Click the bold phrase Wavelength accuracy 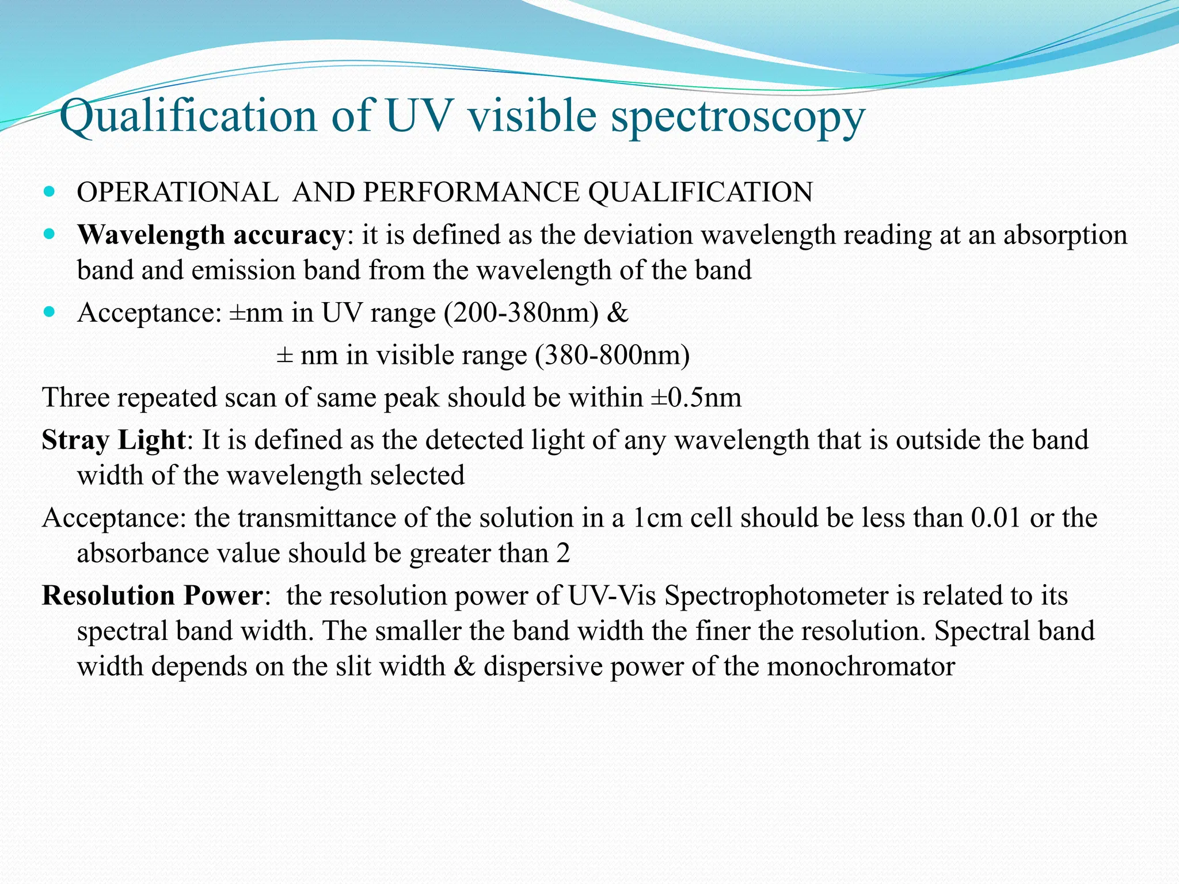pyautogui.click(x=211, y=235)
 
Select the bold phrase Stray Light pyautogui.click(x=113, y=440)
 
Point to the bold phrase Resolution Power pyautogui.click(x=152, y=596)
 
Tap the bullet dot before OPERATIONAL pyautogui.click(x=49, y=191)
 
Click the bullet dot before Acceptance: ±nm pyautogui.click(x=49, y=312)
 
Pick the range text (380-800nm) pyautogui.click(x=613, y=356)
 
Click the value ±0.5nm pyautogui.click(x=697, y=398)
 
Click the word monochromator pyautogui.click(x=861, y=666)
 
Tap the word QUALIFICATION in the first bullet pyautogui.click(x=700, y=192)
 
